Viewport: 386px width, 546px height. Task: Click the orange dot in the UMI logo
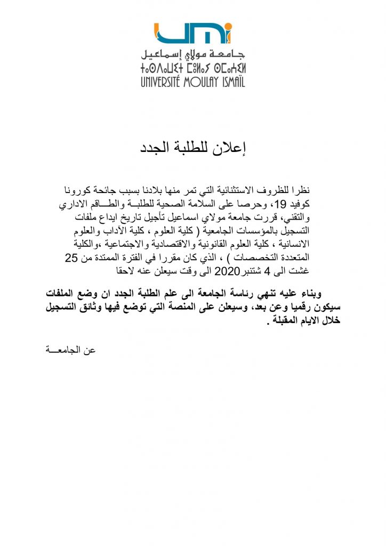point(228,26)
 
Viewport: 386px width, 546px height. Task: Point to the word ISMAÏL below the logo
point(233,82)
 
